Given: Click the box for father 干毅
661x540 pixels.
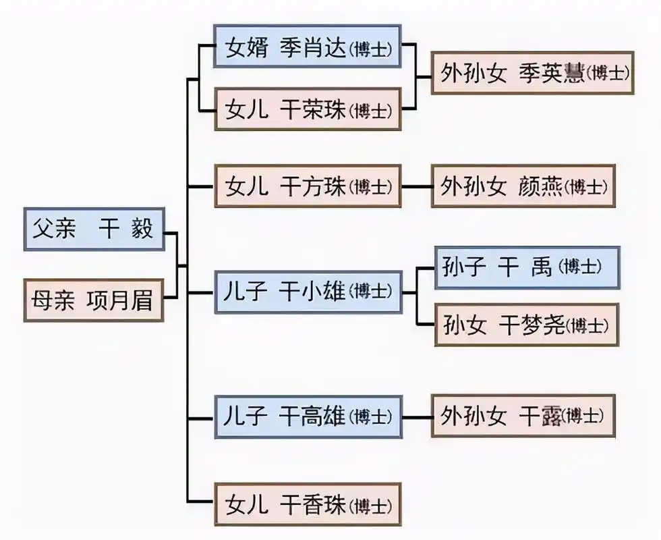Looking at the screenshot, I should (94, 230).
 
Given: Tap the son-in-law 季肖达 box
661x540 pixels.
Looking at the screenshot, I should (308, 47).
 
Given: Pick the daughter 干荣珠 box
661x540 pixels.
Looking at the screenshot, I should (308, 109).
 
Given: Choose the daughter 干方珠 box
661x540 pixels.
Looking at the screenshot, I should (308, 186).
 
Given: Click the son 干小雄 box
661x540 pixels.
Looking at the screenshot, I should (308, 292).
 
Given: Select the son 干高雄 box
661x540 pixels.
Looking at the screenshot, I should (308, 417).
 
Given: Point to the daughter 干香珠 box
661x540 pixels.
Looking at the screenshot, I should (308, 504).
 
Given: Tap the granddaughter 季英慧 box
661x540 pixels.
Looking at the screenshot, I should (532, 73).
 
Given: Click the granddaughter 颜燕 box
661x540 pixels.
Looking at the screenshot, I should (523, 186).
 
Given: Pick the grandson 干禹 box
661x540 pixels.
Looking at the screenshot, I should (526, 267).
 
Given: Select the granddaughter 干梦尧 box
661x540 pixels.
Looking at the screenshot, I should (526, 325).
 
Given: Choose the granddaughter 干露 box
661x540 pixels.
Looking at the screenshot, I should (523, 416).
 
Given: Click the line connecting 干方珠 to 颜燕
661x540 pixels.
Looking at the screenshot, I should (417, 186).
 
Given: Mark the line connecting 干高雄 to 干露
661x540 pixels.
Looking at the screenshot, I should (417, 417).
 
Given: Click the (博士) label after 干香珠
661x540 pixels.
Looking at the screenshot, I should (371, 506).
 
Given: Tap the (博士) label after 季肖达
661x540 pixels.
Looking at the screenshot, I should (371, 49).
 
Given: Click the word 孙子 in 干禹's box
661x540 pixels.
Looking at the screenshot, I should (464, 267).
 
